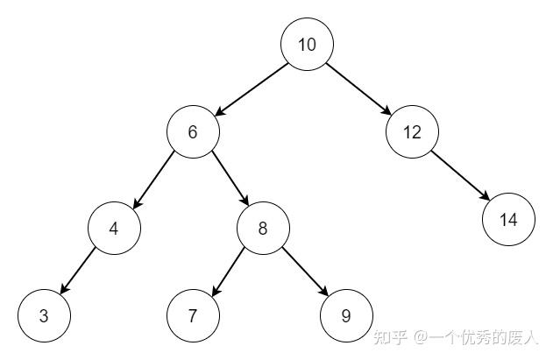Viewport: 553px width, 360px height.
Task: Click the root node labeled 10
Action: (307, 45)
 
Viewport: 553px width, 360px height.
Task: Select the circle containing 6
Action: (193, 132)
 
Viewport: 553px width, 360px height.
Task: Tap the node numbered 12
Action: (412, 132)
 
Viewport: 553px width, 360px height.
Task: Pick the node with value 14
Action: (508, 220)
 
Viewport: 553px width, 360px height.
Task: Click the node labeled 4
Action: (114, 228)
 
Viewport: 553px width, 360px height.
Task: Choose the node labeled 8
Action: (263, 228)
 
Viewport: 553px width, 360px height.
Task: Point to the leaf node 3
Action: (44, 315)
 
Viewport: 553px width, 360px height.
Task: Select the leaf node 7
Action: (193, 315)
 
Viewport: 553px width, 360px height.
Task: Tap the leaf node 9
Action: (346, 315)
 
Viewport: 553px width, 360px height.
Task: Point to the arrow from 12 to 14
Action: (460, 176)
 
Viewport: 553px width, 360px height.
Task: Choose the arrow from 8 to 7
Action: (228, 272)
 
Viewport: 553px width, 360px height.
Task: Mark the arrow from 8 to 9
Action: (304, 272)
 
